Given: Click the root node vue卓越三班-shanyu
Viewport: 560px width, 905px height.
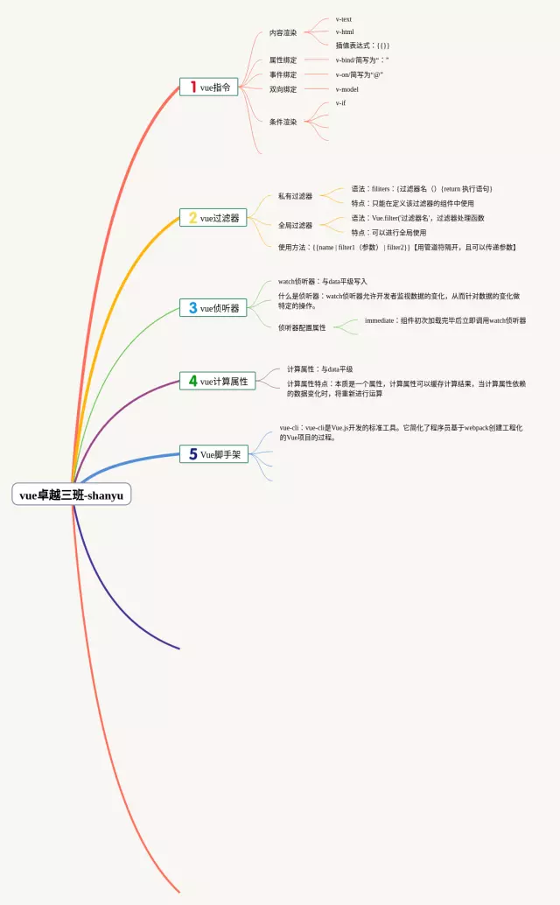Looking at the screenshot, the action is tap(72, 495).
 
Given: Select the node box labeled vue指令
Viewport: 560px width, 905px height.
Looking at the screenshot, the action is tap(209, 87).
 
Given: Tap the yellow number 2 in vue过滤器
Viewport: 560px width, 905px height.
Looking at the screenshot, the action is tap(192, 218).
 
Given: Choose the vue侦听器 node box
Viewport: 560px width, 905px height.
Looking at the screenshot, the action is tap(214, 308).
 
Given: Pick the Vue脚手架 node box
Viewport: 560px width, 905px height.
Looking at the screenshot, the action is tap(214, 454).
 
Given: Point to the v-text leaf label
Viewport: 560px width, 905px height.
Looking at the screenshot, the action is tap(344, 18).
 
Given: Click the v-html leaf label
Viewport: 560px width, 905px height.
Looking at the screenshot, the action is tap(345, 32).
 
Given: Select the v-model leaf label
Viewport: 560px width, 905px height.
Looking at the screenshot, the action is tap(347, 89).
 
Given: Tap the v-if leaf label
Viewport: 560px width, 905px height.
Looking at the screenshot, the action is tap(340, 103).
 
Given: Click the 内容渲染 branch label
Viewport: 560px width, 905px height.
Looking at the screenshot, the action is tap(283, 33).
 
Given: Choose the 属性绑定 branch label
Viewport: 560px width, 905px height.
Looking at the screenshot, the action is tap(283, 60).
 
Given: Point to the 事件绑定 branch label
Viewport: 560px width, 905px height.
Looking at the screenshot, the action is tap(283, 75).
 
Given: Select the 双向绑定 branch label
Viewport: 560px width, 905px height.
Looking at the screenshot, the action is tap(283, 89).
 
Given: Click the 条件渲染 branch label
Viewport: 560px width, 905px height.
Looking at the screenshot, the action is tap(283, 122).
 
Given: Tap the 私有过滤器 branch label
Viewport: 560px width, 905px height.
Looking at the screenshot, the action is tap(295, 196).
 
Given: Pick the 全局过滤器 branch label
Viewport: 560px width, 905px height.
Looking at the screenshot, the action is tap(295, 225).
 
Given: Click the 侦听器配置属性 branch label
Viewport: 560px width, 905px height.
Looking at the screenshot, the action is tap(302, 327).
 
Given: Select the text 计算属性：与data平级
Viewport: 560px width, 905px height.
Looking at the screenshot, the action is tap(319, 369).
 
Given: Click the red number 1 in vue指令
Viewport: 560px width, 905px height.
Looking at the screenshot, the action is tap(192, 87).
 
